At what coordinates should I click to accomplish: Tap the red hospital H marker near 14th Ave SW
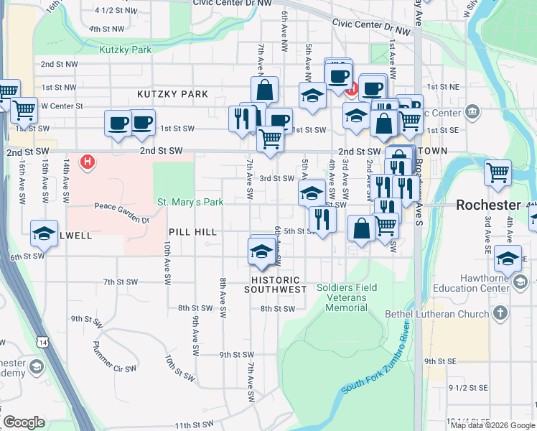coord(88,162)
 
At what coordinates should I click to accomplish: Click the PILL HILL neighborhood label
coord(192,232)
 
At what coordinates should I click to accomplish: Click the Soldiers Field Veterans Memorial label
coord(347,297)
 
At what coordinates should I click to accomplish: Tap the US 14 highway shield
coord(45,343)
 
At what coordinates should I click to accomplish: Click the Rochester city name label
coord(488,205)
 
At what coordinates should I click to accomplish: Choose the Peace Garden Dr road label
coord(121,207)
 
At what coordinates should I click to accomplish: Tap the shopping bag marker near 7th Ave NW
coord(264,91)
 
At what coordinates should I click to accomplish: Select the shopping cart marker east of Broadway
coord(497,172)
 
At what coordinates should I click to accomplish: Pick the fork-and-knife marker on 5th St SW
coord(322,218)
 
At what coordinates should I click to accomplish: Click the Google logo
coord(24,422)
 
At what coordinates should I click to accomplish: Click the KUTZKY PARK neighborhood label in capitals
coord(173,94)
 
